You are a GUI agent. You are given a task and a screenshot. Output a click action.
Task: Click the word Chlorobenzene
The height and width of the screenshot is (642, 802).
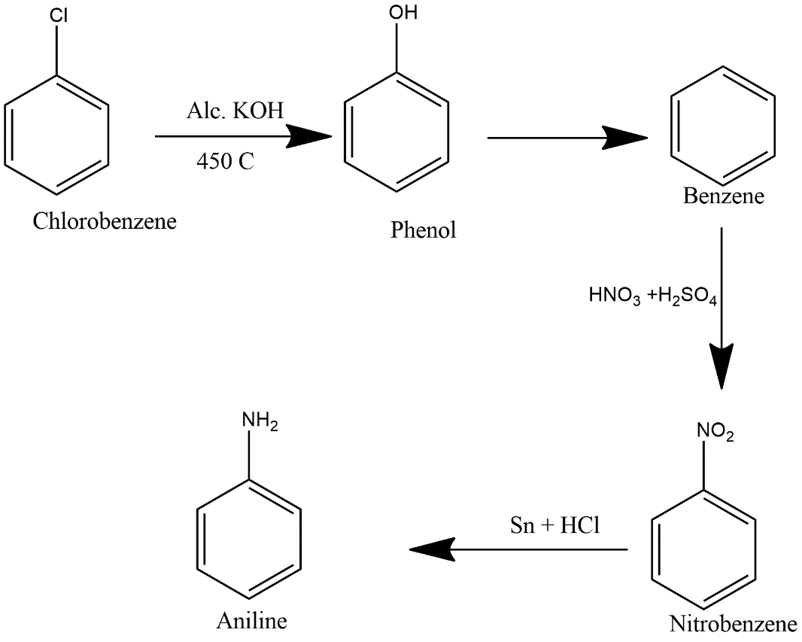click(x=105, y=221)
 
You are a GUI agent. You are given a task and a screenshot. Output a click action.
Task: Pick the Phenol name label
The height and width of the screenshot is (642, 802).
click(x=423, y=230)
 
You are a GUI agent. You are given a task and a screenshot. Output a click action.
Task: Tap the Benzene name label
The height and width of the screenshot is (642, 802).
click(x=723, y=196)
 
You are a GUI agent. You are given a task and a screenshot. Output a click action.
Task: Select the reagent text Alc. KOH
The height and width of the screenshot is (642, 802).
click(x=235, y=113)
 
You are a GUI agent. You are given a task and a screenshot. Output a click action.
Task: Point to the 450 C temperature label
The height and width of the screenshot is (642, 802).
click(x=226, y=161)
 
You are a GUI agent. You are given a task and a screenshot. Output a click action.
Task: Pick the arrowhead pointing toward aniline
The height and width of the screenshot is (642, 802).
click(x=432, y=549)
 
